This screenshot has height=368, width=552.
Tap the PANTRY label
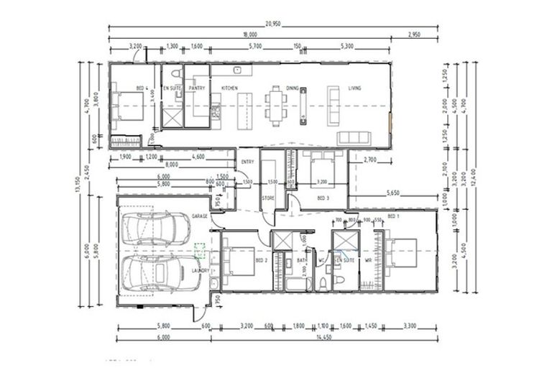[x=198, y=88]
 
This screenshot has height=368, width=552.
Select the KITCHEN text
[x=229, y=88]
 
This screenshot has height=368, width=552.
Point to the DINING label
[x=292, y=88]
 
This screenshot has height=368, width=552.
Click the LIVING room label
[x=355, y=88]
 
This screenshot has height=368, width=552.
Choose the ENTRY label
[x=248, y=162]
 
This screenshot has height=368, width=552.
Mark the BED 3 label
[x=323, y=197]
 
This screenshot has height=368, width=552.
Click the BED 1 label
[x=392, y=216]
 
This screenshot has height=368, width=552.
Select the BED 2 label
[x=262, y=260]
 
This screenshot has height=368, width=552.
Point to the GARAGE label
[x=200, y=216]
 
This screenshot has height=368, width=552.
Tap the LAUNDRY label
[x=201, y=270]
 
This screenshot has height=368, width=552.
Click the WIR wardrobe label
[x=368, y=260]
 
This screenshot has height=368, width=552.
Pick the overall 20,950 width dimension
[x=272, y=24]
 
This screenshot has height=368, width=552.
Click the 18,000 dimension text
[x=250, y=34]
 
